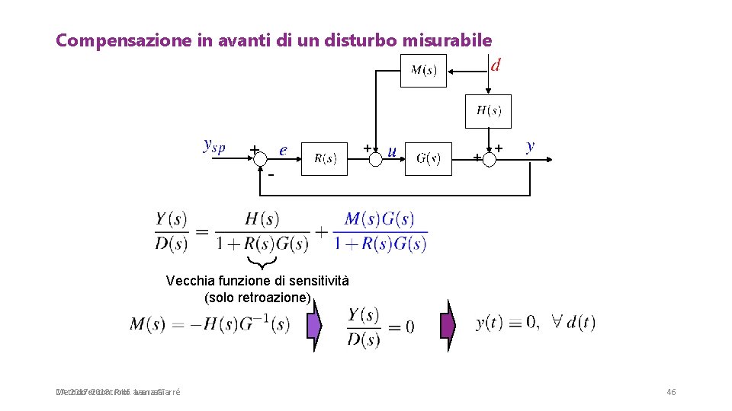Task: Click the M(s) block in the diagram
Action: [423, 71]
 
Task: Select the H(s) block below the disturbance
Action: [488, 111]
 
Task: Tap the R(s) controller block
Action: [325, 159]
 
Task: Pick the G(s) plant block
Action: [428, 159]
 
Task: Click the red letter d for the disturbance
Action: [496, 65]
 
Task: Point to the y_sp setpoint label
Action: [214, 145]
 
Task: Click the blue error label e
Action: [283, 150]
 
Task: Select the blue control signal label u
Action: [392, 151]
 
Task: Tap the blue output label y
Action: [530, 145]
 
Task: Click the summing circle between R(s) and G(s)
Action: [376, 159]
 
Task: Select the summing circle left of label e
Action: [260, 159]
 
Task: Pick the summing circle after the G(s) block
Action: [489, 159]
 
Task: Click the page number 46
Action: [671, 392]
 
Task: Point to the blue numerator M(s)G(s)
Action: [380, 219]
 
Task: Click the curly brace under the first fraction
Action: [264, 263]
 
